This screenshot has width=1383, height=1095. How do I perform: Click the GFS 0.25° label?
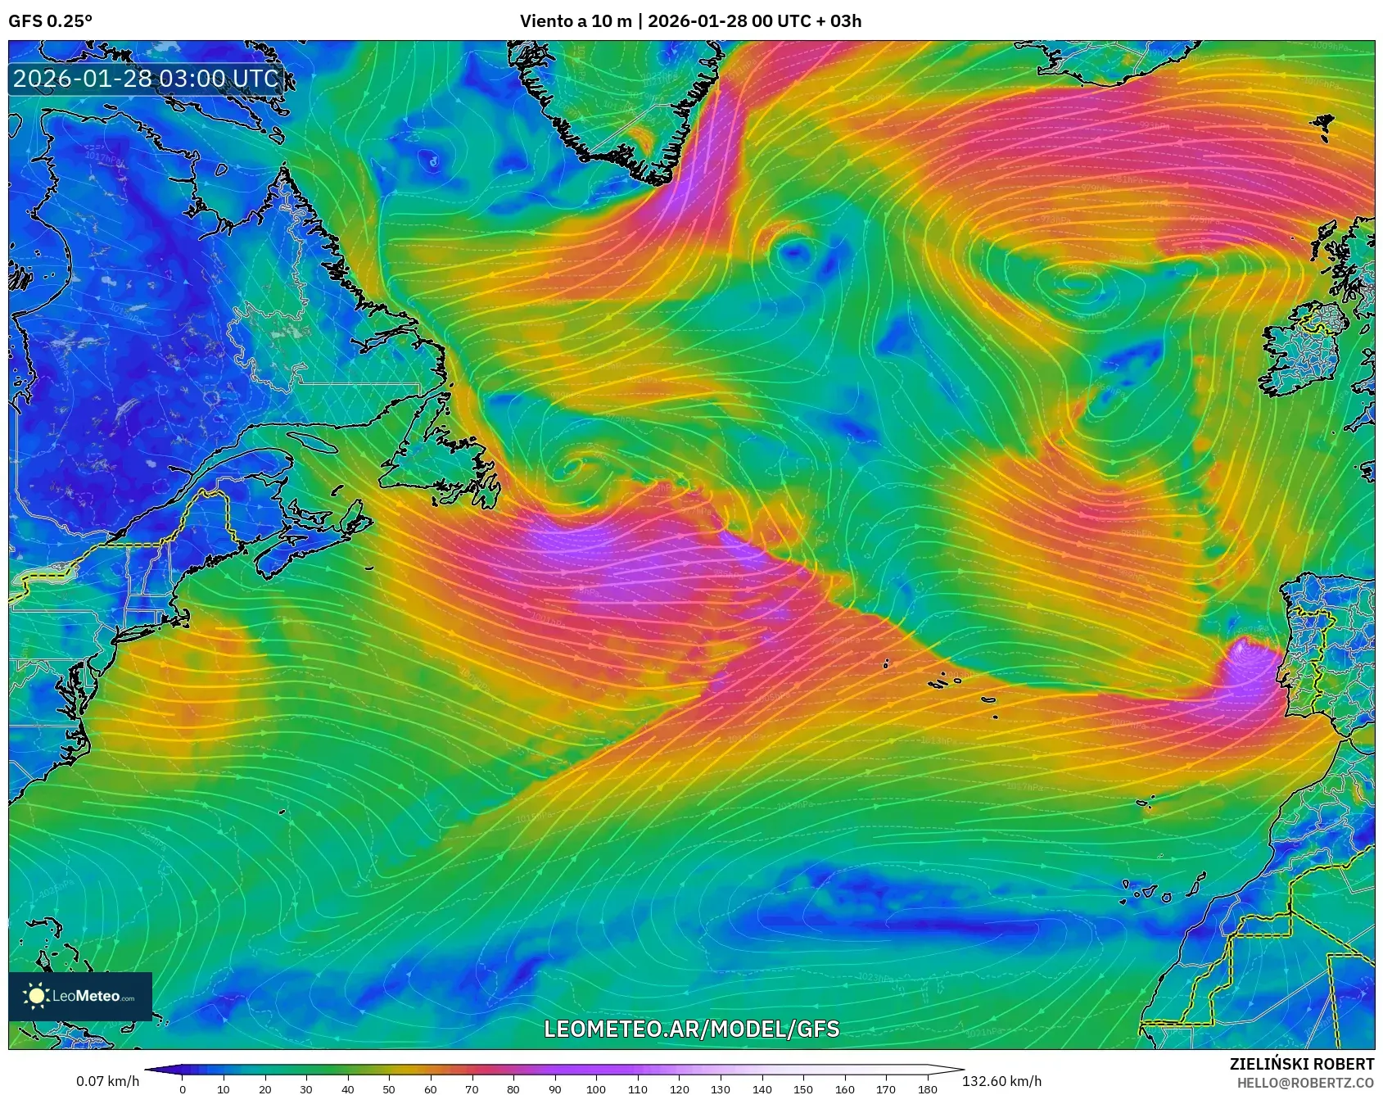[50, 21]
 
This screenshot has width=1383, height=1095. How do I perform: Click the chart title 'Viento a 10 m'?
[575, 21]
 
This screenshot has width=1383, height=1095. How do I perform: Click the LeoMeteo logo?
[80, 996]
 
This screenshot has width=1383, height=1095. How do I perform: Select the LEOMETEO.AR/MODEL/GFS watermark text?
[691, 1029]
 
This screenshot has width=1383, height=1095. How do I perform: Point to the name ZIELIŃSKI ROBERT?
[1301, 1064]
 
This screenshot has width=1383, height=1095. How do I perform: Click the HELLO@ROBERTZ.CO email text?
[1304, 1083]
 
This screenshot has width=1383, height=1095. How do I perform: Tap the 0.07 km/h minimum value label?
[107, 1081]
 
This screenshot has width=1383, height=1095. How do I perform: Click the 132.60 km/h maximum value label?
[1001, 1081]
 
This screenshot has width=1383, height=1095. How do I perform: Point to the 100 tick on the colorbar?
[596, 1088]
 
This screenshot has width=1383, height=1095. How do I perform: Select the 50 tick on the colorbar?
[389, 1088]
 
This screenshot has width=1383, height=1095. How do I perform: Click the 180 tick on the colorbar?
[928, 1088]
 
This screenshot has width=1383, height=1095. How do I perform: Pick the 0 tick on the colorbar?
[182, 1088]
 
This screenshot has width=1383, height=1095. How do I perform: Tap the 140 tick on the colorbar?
[762, 1088]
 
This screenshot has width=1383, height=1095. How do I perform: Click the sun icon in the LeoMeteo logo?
[36, 996]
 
